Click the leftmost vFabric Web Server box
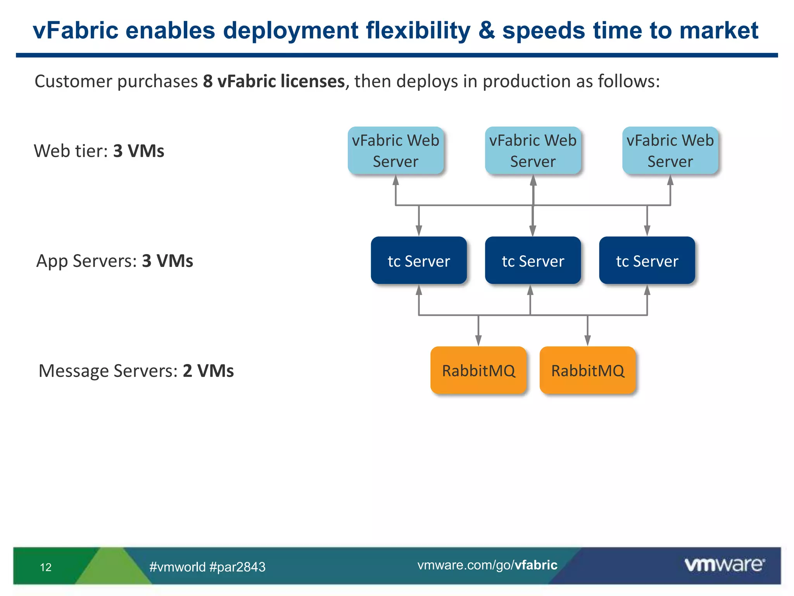click(x=395, y=151)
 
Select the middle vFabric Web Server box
click(x=533, y=151)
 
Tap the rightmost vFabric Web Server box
click(x=670, y=151)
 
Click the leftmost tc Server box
click(x=419, y=260)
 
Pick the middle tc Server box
click(x=533, y=260)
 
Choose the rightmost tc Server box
click(x=647, y=260)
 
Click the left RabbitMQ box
click(x=478, y=370)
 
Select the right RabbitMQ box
click(x=588, y=370)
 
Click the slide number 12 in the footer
click(x=46, y=567)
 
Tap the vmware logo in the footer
click(x=724, y=565)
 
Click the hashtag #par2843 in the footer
click(x=237, y=567)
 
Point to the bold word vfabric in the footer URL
click(x=536, y=565)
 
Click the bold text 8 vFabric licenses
click(x=274, y=81)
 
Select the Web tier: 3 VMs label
click(x=99, y=151)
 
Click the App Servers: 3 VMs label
click(x=114, y=261)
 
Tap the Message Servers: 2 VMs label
click(x=136, y=371)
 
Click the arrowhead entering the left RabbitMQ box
click(x=478, y=341)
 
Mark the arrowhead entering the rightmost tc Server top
click(x=647, y=231)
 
